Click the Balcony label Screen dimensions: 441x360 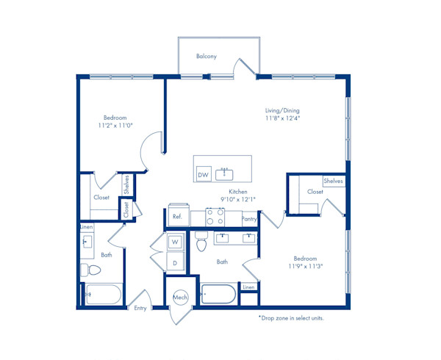pos(207,57)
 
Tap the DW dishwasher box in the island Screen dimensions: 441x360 pos(204,174)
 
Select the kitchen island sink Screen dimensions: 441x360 pos(224,174)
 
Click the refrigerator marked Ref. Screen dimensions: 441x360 pos(179,215)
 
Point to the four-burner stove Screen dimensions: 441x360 pos(215,217)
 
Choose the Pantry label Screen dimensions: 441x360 pos(249,219)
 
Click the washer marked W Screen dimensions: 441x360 pos(175,242)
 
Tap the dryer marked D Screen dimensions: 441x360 pos(175,262)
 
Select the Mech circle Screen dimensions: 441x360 pos(180,297)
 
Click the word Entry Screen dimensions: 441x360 pos(140,309)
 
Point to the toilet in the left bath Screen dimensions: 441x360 pos(90,270)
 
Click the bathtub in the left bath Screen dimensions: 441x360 pos(103,294)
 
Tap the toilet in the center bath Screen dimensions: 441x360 pos(201,242)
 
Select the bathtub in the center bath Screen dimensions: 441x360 pos(218,294)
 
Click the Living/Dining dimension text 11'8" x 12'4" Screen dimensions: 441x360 pos(283,118)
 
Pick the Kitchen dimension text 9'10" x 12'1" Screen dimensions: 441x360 pos(238,200)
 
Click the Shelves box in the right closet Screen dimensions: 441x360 pos(334,181)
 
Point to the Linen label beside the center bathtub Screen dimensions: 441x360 pos(248,287)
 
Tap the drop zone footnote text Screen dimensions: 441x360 pos(291,318)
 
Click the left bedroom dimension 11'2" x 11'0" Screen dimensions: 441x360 pos(115,126)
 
